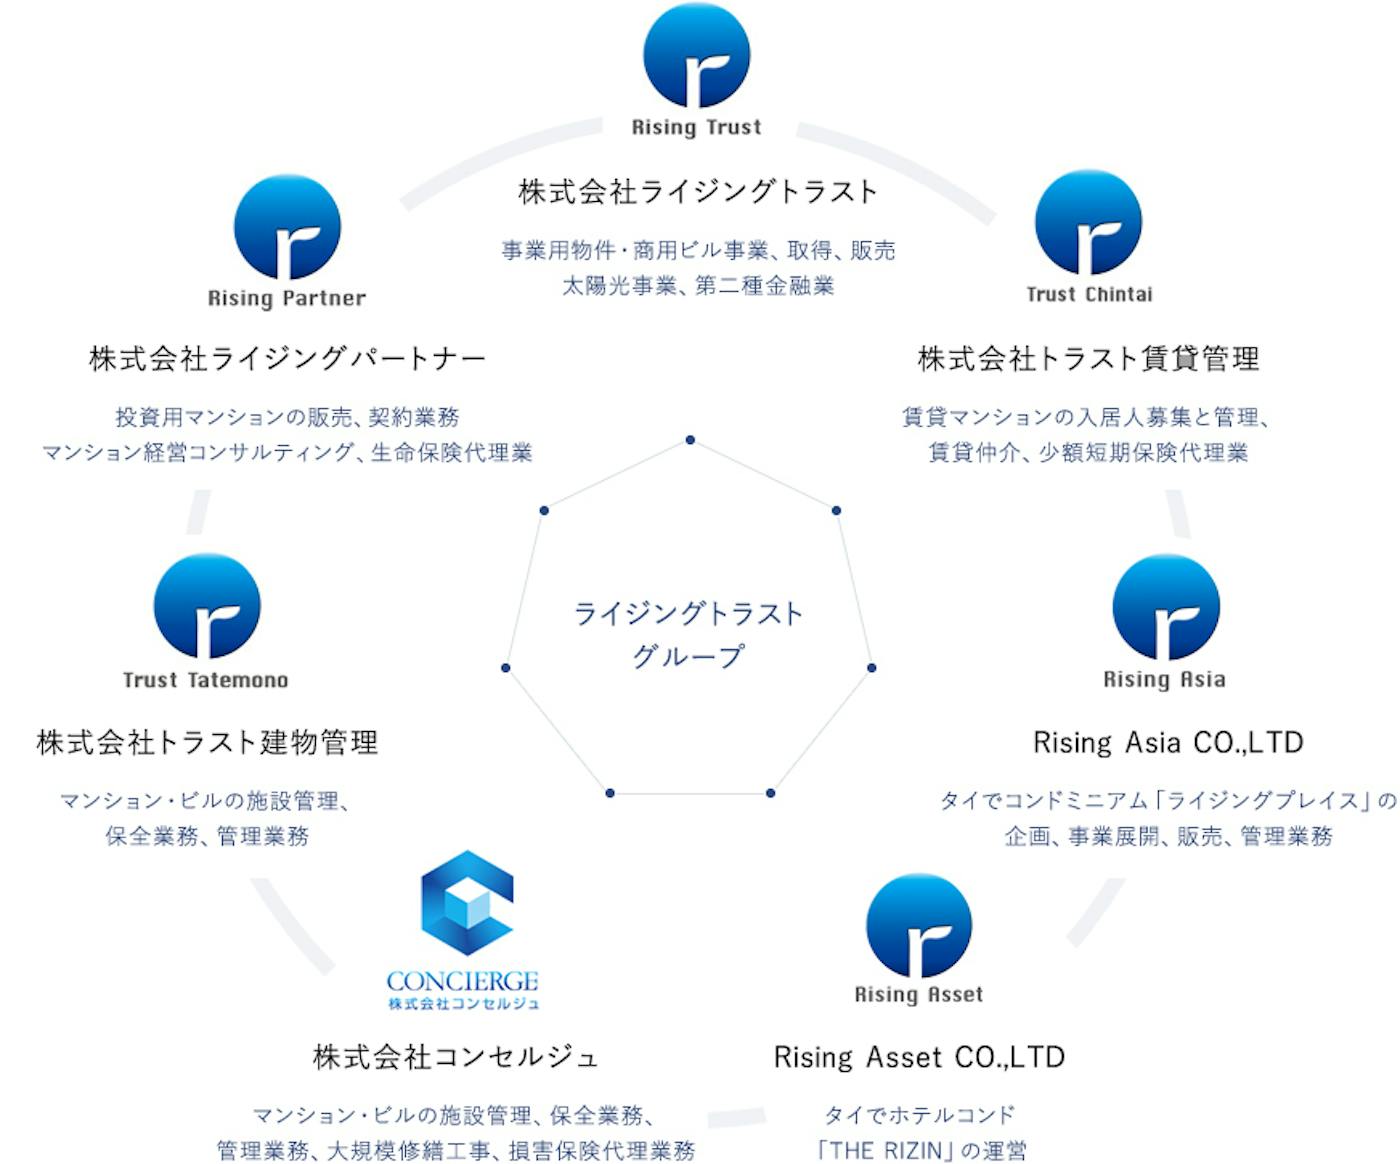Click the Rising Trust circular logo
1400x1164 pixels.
(697, 56)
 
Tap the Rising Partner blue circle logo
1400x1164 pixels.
(287, 227)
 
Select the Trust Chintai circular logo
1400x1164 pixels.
(1088, 223)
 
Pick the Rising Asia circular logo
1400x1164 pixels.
(1165, 608)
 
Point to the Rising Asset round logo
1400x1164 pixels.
(918, 925)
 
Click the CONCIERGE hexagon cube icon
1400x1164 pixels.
(466, 903)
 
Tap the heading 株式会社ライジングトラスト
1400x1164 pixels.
(698, 191)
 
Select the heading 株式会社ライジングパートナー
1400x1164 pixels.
(287, 358)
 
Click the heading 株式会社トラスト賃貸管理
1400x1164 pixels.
(1088, 358)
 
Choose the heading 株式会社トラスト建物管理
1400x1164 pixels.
(207, 742)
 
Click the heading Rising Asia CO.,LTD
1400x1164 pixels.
(1168, 742)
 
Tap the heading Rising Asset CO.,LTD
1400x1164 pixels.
(919, 1057)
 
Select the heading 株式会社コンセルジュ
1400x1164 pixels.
(455, 1057)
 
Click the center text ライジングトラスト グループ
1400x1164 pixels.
(688, 634)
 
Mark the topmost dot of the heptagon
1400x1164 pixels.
(690, 440)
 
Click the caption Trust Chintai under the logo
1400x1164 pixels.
(1089, 295)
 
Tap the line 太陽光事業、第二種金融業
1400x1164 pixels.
(698, 286)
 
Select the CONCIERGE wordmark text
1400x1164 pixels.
(462, 981)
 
